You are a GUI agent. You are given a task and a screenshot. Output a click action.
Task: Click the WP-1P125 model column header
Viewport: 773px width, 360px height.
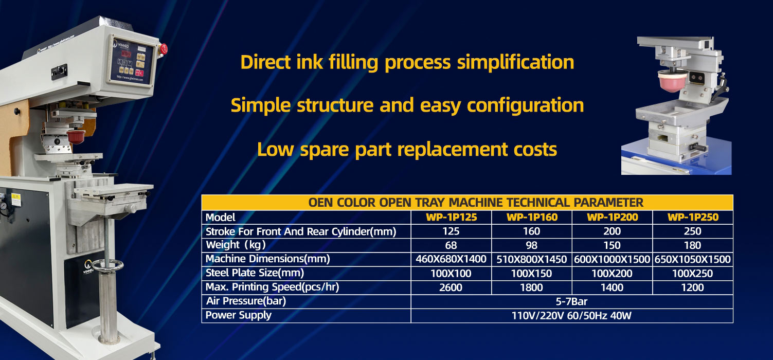tap(452, 217)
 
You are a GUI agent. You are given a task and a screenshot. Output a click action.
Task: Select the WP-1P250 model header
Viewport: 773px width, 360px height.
tap(693, 217)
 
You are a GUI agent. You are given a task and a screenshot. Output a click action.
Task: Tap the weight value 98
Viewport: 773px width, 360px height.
tap(531, 245)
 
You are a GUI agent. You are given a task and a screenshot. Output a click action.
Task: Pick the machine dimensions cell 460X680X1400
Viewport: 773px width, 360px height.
tap(451, 259)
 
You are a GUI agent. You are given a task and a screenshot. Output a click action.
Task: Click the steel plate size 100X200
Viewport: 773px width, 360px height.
tap(612, 274)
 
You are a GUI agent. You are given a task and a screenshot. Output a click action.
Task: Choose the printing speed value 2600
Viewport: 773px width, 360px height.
tap(451, 287)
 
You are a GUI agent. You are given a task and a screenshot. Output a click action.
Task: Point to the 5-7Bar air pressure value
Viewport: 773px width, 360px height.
tap(571, 302)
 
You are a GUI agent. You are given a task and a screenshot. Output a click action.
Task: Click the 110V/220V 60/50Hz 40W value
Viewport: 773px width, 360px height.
tap(571, 316)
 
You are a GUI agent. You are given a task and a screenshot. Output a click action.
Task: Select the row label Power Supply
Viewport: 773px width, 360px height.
tap(239, 315)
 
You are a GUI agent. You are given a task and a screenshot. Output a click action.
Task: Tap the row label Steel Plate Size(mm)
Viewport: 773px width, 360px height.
tap(255, 273)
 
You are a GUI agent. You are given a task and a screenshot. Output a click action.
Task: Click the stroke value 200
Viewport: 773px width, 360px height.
tap(612, 231)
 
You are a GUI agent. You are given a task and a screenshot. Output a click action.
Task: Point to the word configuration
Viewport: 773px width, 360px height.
tap(525, 105)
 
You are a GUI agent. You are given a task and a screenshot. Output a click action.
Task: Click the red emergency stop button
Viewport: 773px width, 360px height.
tap(163, 49)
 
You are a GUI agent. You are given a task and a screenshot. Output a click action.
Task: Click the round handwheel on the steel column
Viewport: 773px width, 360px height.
tap(107, 265)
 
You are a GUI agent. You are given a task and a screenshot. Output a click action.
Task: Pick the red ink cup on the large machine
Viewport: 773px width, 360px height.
tap(76, 136)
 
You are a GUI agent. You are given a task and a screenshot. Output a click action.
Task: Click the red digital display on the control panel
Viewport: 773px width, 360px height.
tap(126, 54)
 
